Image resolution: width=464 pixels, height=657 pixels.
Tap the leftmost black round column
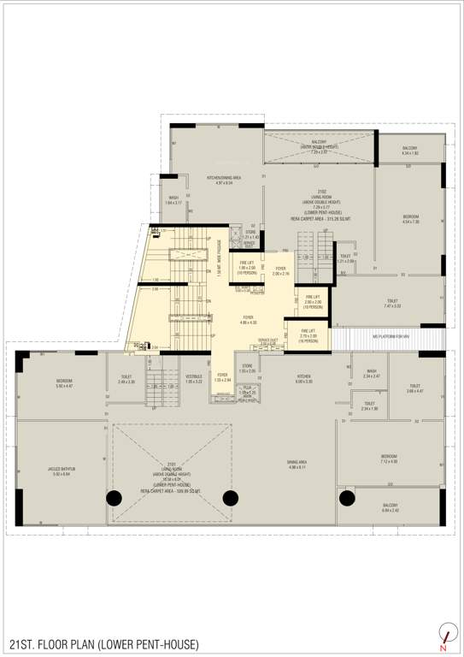tap(113, 499)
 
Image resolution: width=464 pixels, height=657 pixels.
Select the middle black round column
tap(229, 498)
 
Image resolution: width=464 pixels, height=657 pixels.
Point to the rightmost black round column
tap(346, 498)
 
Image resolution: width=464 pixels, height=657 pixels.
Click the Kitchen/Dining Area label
tap(224, 180)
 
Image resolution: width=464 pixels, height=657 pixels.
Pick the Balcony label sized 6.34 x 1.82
tap(409, 150)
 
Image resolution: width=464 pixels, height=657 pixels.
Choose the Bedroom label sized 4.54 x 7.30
tap(411, 219)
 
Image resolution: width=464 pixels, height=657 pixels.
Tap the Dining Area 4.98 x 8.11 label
tap(297, 465)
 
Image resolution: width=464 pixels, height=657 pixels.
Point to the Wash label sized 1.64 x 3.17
tap(173, 200)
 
